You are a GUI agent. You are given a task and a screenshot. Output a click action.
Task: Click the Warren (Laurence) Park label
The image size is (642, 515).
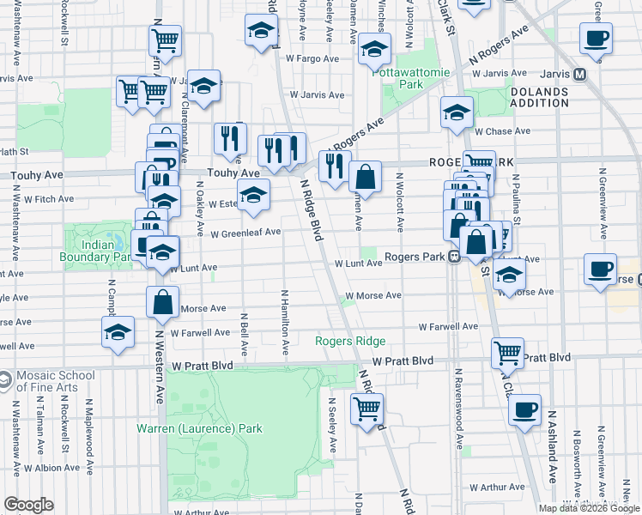pyautogui.click(x=199, y=428)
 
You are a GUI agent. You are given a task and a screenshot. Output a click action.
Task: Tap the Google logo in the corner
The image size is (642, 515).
pyautogui.click(x=28, y=505)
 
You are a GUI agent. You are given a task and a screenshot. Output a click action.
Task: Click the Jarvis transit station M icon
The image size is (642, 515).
pyautogui.click(x=580, y=75)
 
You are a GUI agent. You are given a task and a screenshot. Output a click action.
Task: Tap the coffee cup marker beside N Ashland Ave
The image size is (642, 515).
pyautogui.click(x=525, y=409)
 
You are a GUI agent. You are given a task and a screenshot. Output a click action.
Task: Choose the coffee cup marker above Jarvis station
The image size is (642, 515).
pyautogui.click(x=596, y=38)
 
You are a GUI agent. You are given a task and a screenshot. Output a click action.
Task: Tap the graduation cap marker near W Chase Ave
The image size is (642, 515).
pyautogui.click(x=457, y=112)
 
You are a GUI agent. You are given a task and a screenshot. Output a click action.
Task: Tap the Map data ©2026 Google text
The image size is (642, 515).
pyautogui.click(x=588, y=508)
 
